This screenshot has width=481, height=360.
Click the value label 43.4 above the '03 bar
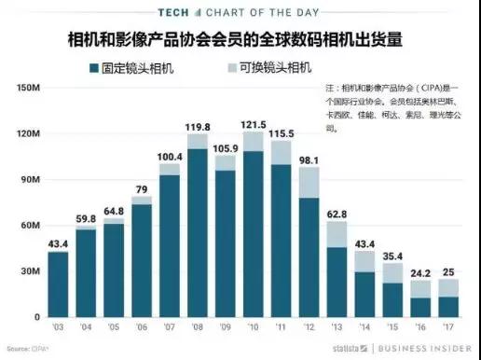58,243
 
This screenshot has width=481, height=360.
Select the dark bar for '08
198,233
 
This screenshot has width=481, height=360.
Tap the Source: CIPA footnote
28,349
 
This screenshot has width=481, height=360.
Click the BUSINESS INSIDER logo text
424,349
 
